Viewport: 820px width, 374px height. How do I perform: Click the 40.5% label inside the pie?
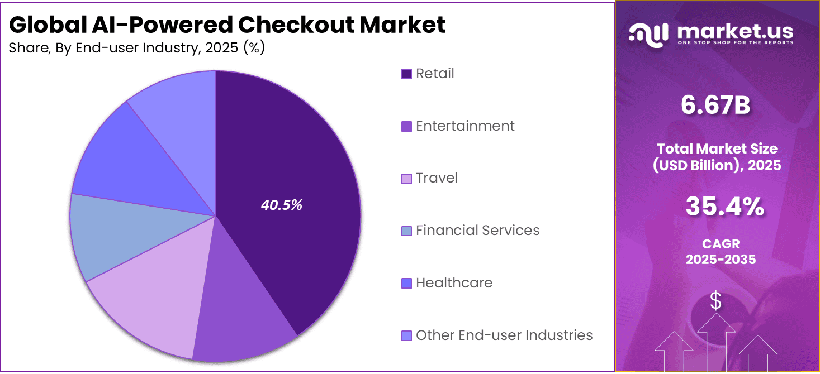(281, 205)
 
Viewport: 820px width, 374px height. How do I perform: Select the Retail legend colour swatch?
(406, 74)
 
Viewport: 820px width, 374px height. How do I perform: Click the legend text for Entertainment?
(465, 126)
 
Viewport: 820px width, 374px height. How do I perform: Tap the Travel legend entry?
(437, 178)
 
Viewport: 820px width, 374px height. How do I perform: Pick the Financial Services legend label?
(477, 231)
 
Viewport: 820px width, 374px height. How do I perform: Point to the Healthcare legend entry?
(454, 283)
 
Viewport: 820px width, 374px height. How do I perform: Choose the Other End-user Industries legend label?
(504, 335)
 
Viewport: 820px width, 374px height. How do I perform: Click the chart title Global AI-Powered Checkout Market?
(227, 25)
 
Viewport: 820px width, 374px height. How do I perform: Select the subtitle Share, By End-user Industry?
(137, 48)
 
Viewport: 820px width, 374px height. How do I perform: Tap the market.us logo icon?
(648, 33)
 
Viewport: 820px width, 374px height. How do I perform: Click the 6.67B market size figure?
(715, 106)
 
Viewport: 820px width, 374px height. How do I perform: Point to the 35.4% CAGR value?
(724, 207)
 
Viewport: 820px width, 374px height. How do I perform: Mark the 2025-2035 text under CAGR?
(721, 260)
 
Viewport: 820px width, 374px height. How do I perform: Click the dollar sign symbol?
(715, 301)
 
